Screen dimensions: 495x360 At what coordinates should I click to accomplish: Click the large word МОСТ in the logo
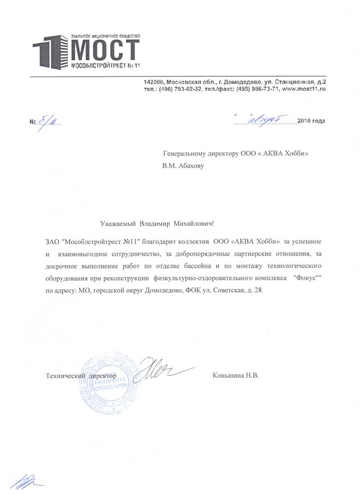click(105, 49)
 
